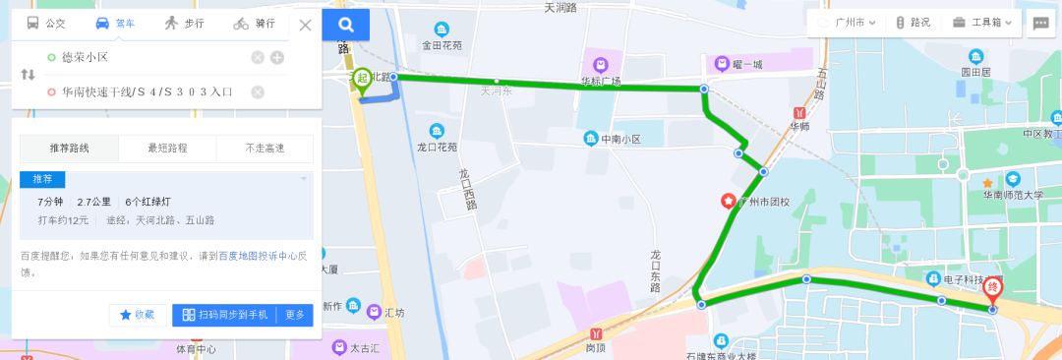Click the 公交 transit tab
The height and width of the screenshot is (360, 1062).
(x=46, y=23)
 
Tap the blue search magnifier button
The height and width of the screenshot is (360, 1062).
(x=345, y=25)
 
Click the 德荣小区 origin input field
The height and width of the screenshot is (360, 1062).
(x=147, y=57)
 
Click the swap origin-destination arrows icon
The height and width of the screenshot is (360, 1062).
(x=28, y=75)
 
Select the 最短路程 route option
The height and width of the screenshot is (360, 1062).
(x=167, y=149)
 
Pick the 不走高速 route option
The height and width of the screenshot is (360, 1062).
(x=265, y=149)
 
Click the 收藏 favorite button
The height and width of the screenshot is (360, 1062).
(x=138, y=315)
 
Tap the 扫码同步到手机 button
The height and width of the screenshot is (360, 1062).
(x=225, y=315)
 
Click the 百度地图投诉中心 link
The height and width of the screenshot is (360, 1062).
(x=257, y=256)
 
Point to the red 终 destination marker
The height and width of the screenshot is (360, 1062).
(x=993, y=291)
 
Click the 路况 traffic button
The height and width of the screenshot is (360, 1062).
(x=914, y=23)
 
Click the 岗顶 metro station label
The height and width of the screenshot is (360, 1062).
(x=596, y=346)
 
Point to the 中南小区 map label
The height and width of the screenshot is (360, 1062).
(x=620, y=139)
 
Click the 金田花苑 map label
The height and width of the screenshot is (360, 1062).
(x=441, y=44)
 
